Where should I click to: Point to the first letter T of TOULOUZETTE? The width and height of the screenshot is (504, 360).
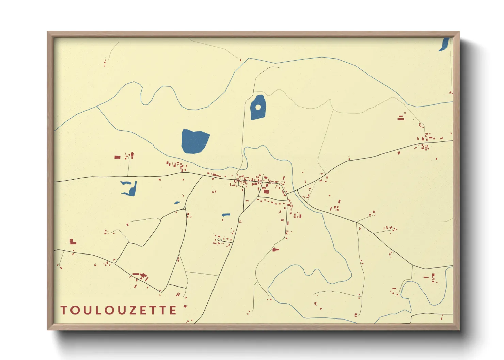[x=63, y=310]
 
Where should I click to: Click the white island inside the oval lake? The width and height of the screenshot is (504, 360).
[x=258, y=108]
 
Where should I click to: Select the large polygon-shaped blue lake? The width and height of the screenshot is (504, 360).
[x=195, y=141]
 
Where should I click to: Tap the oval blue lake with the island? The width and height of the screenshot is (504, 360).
[x=258, y=112]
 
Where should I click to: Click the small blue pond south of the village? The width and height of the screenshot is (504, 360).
[x=226, y=215]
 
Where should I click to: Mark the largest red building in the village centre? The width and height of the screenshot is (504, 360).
[x=266, y=192]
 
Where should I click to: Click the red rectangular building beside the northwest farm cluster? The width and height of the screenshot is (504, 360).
[x=117, y=157]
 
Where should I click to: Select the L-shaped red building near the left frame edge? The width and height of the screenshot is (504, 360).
[x=72, y=242]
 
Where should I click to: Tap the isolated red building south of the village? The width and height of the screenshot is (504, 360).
[x=275, y=250]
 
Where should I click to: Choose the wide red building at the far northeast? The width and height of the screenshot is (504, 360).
[x=401, y=118]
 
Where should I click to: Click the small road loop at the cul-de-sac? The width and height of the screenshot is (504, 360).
[x=219, y=240]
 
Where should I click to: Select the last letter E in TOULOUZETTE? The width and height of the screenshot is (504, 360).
[x=173, y=310]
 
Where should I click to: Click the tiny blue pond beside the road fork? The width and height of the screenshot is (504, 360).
[x=177, y=203]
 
